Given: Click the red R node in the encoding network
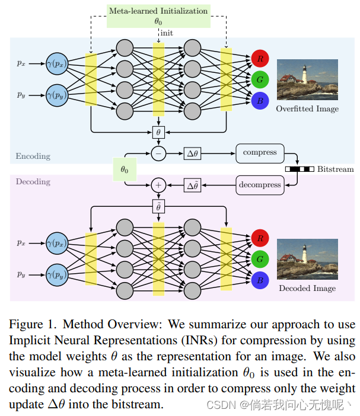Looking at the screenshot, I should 260,58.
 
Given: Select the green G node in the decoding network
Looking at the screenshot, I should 260,259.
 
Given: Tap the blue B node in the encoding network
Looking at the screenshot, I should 260,100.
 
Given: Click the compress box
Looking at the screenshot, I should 260,153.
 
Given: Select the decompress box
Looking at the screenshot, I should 260,185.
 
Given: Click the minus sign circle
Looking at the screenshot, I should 158,153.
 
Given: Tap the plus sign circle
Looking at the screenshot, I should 158,185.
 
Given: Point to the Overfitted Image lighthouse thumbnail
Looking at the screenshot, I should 307,79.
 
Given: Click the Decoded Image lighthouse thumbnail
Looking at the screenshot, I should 307,258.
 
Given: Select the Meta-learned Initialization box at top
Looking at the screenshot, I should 158,16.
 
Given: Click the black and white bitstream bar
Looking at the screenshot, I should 300,169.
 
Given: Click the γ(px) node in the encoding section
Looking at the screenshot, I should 59,62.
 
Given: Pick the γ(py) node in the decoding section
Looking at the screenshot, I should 59,275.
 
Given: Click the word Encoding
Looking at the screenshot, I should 33,156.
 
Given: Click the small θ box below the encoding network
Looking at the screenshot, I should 158,132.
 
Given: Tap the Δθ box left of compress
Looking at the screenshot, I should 193,153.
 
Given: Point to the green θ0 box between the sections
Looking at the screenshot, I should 124,169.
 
